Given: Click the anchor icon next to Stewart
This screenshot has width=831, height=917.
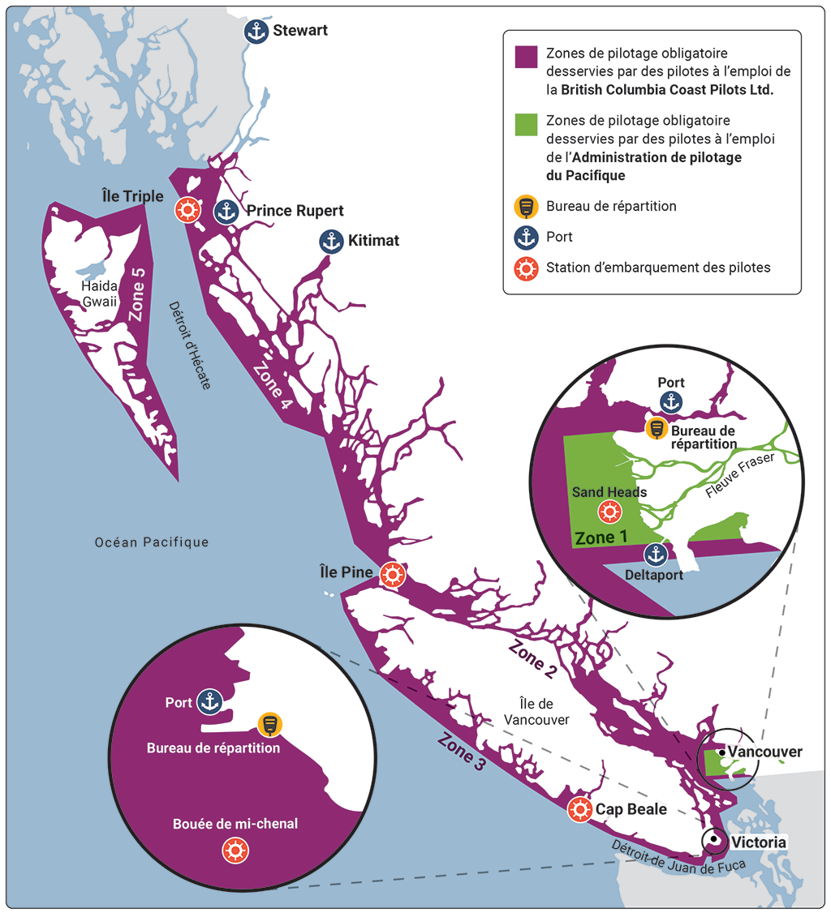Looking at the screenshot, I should pyautogui.click(x=256, y=32).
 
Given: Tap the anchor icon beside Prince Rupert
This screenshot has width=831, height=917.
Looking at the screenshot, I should pyautogui.click(x=226, y=212).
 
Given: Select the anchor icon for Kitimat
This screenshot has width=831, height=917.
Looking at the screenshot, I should pyautogui.click(x=330, y=241).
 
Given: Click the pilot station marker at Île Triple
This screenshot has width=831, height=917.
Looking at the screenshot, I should pyautogui.click(x=187, y=210).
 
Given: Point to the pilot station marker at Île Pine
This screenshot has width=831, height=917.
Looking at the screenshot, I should pyautogui.click(x=393, y=574).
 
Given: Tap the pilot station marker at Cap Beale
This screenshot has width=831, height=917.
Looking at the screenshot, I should pyautogui.click(x=579, y=809).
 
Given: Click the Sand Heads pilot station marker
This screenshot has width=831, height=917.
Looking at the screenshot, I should pyautogui.click(x=609, y=512).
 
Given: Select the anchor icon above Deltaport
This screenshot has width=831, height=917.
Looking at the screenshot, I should pyautogui.click(x=655, y=555).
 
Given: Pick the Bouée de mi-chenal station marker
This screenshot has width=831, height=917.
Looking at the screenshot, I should pyautogui.click(x=236, y=850).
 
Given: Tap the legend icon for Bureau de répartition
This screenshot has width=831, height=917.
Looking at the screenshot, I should pyautogui.click(x=527, y=207).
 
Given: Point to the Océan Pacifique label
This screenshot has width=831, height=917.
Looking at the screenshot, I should pyautogui.click(x=152, y=542).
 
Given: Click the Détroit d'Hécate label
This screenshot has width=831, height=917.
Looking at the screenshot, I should pyautogui.click(x=188, y=345).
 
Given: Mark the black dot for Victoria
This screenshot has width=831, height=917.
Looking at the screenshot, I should pyautogui.click(x=713, y=840).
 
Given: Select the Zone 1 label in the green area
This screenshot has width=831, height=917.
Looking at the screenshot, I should pyautogui.click(x=601, y=538).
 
